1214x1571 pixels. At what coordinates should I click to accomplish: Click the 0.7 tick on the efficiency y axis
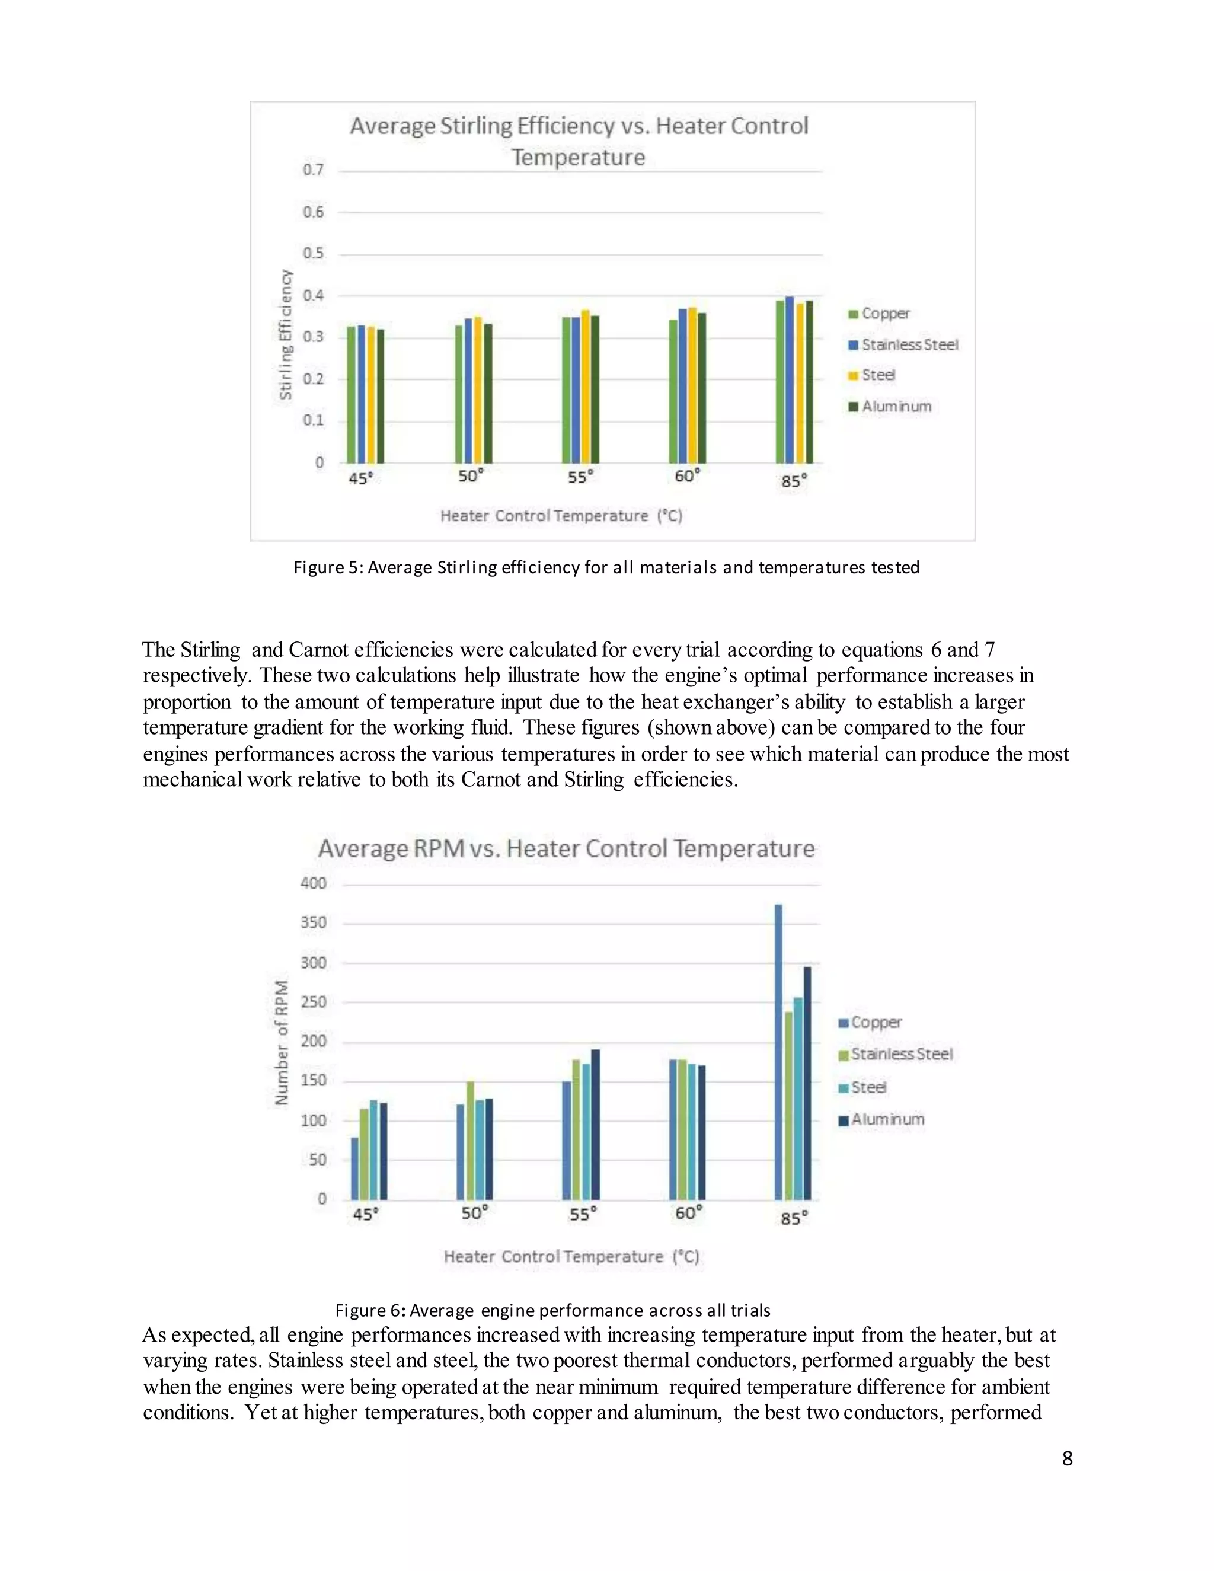tap(313, 170)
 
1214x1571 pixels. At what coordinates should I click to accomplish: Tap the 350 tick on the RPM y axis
tap(313, 922)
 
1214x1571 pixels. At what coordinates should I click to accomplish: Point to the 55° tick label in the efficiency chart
tap(580, 477)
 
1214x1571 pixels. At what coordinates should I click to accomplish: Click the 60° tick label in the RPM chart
tap(688, 1214)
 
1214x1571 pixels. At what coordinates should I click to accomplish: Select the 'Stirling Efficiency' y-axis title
tap(286, 335)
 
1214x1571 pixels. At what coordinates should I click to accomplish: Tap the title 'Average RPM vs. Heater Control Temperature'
tap(566, 849)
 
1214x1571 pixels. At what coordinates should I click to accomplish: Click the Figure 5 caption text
tap(606, 567)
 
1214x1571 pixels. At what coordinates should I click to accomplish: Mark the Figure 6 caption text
tap(552, 1311)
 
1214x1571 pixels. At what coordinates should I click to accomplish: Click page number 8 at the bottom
tap(1067, 1458)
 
